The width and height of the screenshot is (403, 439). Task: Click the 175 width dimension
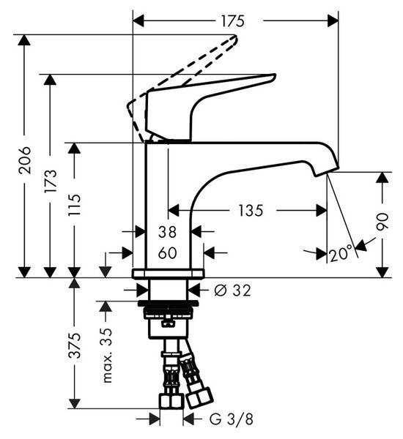point(233,21)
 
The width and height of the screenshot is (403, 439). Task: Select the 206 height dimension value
point(25,160)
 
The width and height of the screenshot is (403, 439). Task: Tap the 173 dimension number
point(51,181)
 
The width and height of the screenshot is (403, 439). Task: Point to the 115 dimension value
point(75,205)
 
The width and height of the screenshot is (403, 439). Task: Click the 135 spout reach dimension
point(251,211)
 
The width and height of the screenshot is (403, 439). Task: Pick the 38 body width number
point(167,232)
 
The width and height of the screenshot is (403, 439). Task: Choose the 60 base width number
point(167,253)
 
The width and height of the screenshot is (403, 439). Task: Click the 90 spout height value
point(382,222)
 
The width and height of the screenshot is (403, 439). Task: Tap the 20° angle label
point(341,254)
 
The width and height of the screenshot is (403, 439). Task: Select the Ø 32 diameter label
point(232,290)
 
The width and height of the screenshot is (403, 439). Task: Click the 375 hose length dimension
point(75,345)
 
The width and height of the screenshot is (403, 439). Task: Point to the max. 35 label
point(107,355)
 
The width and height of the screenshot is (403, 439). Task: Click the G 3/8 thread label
point(232,419)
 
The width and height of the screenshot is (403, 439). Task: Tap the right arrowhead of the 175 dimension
point(333,21)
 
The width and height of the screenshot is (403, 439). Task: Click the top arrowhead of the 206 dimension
point(24,40)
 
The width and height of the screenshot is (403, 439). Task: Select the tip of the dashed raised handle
point(236,37)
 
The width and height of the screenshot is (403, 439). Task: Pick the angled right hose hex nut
point(200,397)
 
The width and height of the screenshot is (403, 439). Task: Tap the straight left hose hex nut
point(171,401)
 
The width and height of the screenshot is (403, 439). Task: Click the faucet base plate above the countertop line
point(168,273)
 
